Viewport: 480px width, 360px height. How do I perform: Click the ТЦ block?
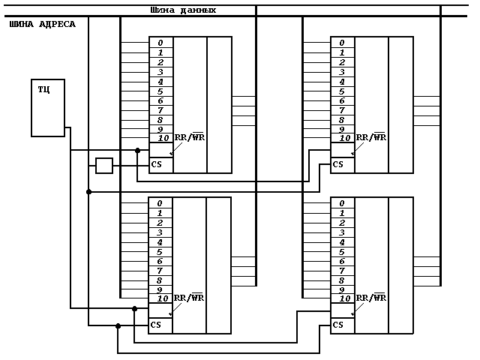[47, 107]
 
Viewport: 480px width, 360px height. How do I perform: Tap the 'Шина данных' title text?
[183, 10]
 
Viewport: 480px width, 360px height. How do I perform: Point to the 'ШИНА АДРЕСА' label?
[42, 25]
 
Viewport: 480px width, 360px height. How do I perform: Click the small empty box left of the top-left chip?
[104, 165]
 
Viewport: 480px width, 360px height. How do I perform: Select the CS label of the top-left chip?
[157, 164]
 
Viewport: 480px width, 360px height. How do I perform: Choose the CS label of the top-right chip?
[338, 164]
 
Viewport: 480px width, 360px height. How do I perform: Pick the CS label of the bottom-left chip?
[156, 325]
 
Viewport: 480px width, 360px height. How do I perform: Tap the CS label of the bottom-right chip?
[337, 325]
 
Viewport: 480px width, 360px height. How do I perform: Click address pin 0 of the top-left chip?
[160, 43]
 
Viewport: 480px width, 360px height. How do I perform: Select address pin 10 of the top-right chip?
[344, 138]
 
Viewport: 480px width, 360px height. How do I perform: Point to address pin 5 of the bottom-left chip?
[160, 251]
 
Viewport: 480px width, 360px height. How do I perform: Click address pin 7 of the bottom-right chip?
[342, 271]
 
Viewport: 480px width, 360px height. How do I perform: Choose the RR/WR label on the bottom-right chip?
[370, 298]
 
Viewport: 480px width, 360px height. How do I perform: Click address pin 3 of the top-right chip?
[342, 72]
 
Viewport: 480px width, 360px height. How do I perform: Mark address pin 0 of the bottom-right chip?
[342, 203]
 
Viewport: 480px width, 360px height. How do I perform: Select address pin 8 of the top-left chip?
[160, 120]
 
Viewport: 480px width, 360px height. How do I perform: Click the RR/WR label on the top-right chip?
[370, 137]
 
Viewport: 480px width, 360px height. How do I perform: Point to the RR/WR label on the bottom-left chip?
[188, 298]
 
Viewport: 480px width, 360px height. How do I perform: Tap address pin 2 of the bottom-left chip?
[160, 223]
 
